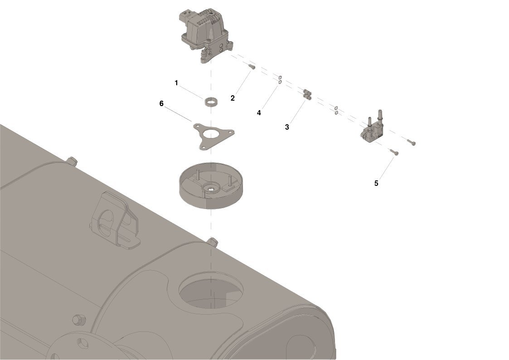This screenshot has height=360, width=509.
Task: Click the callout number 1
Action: click(176, 83)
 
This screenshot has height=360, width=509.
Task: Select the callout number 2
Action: click(233, 98)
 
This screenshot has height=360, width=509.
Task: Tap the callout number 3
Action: click(287, 127)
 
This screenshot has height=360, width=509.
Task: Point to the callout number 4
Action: click(259, 112)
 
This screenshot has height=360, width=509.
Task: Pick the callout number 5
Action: click(376, 184)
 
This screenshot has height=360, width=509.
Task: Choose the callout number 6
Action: click(161, 103)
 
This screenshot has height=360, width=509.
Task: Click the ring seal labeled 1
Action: click(211, 101)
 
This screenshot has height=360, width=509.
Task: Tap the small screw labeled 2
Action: click(252, 67)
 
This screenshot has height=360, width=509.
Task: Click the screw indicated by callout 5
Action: click(394, 152)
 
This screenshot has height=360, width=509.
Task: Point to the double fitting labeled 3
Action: click(307, 94)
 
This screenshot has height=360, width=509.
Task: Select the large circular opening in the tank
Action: click(211, 292)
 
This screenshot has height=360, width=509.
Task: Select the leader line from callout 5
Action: click(386, 169)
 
